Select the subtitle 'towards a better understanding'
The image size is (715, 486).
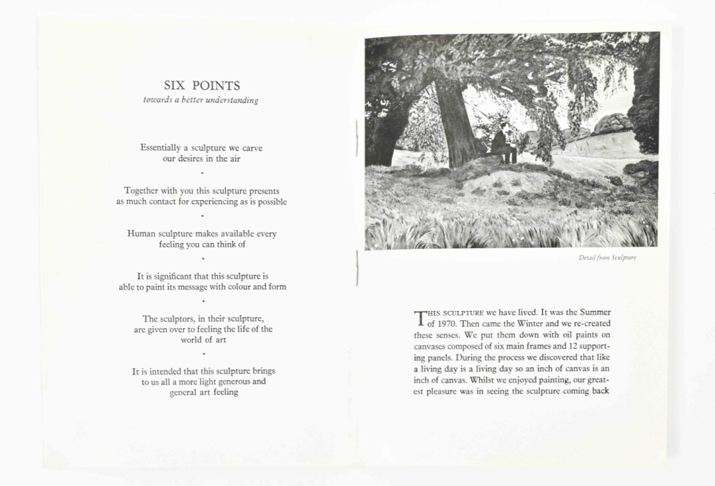tap(201, 101)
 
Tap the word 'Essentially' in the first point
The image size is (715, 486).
tap(160, 148)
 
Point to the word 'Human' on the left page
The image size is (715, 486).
tap(142, 234)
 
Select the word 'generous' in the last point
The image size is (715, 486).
tap(232, 382)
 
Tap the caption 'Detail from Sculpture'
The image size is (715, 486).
tap(607, 258)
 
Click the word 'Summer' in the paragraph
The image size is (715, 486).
tap(595, 312)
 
